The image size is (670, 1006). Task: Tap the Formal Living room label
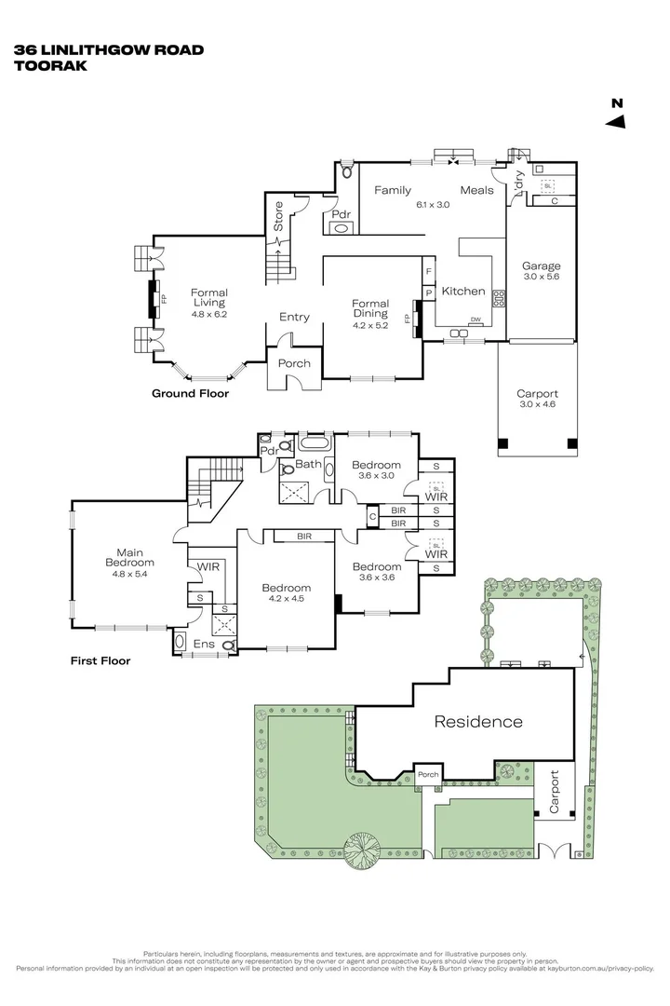pyautogui.click(x=209, y=297)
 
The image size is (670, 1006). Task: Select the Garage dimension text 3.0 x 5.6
pyautogui.click(x=541, y=278)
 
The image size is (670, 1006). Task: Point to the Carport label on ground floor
pyautogui.click(x=537, y=393)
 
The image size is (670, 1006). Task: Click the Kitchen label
pyautogui.click(x=462, y=292)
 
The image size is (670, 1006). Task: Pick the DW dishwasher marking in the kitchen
pyautogui.click(x=476, y=320)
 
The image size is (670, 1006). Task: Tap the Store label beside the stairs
pyautogui.click(x=277, y=216)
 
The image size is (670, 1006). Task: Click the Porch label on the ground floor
pyautogui.click(x=295, y=363)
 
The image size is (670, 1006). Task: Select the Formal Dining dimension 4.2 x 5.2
pyautogui.click(x=369, y=326)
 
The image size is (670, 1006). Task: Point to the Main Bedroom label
pyautogui.click(x=129, y=556)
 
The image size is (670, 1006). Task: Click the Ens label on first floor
pyautogui.click(x=202, y=644)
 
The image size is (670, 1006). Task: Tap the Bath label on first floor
pyautogui.click(x=308, y=464)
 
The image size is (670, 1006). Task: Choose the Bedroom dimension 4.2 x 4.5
pyautogui.click(x=286, y=599)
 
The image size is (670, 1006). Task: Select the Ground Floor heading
pyautogui.click(x=190, y=394)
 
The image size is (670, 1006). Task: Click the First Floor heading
pyautogui.click(x=100, y=661)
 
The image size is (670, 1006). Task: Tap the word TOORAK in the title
pyautogui.click(x=45, y=66)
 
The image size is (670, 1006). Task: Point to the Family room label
pyautogui.click(x=393, y=190)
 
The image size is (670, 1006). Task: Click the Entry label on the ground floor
pyautogui.click(x=294, y=318)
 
